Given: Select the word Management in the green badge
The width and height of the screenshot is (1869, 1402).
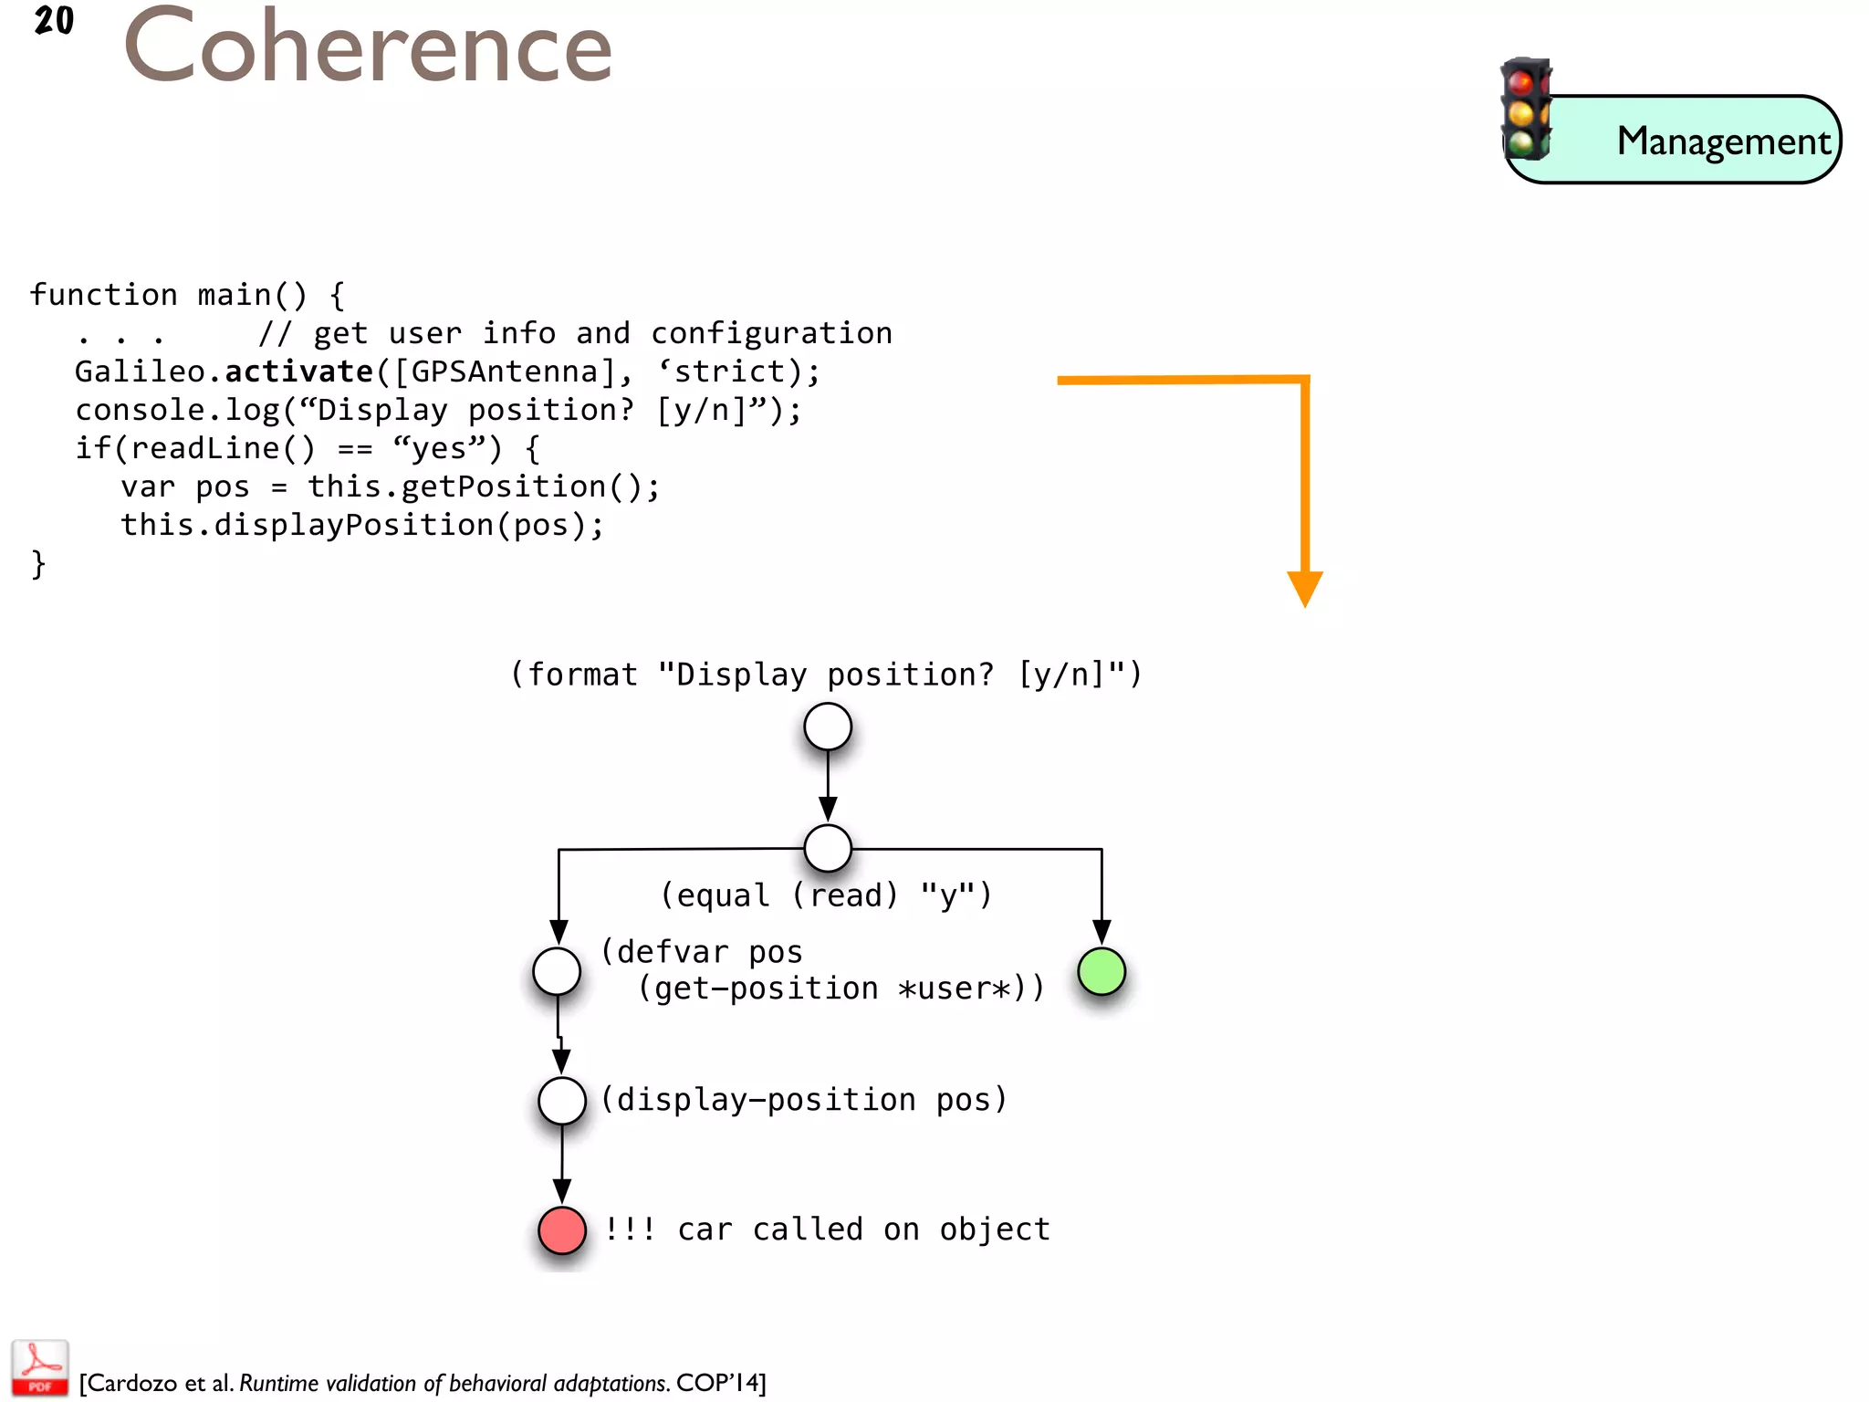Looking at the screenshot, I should [1723, 141].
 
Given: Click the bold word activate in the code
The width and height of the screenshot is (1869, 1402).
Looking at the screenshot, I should [298, 371].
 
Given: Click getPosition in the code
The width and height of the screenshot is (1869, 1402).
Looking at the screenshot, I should [504, 487].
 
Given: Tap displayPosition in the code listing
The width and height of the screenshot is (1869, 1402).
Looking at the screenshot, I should [354, 525].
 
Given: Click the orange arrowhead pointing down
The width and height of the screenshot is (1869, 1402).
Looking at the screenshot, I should [1305, 588].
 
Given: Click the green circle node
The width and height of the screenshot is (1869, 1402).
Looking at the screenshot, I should [1102, 971].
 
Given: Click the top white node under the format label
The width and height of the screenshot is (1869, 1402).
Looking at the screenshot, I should [828, 727].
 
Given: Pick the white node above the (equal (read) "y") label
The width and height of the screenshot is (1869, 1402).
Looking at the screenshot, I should [828, 849].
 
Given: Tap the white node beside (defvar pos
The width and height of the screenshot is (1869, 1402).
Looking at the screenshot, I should [557, 971].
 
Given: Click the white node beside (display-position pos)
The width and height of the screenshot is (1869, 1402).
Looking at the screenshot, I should [562, 1101].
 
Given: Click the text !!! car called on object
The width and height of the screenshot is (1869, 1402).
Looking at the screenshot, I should [827, 1229].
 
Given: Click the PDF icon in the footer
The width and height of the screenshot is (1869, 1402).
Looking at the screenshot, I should [39, 1367].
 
